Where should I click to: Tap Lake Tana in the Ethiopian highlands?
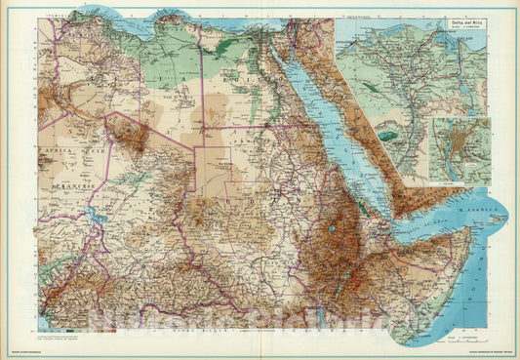pyautogui.click(x=335, y=230)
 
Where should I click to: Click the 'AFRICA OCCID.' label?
pyautogui.click(x=62, y=152)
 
